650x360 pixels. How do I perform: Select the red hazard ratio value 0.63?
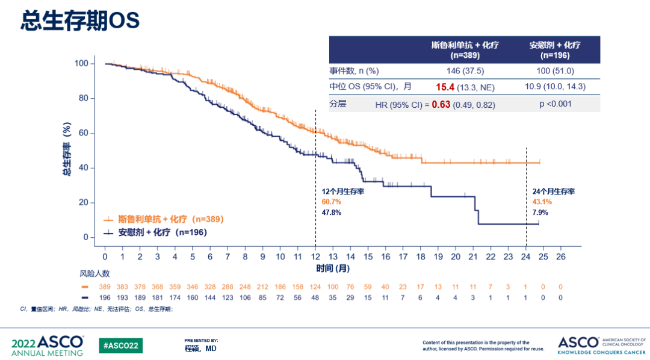[441, 104]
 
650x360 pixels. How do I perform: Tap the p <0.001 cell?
[555, 104]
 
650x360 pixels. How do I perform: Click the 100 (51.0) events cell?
[555, 70]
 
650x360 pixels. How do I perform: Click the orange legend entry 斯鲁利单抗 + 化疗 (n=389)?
[162, 219]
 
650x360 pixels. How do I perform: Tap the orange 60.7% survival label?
[332, 202]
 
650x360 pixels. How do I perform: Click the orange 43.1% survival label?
[542, 202]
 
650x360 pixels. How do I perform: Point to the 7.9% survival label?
[540, 213]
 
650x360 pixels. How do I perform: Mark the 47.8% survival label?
[332, 213]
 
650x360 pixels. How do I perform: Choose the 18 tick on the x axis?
[420, 257]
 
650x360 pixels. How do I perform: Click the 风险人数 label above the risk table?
[96, 273]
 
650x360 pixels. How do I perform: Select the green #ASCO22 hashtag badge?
[121, 345]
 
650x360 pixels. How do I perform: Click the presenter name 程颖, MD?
[200, 349]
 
